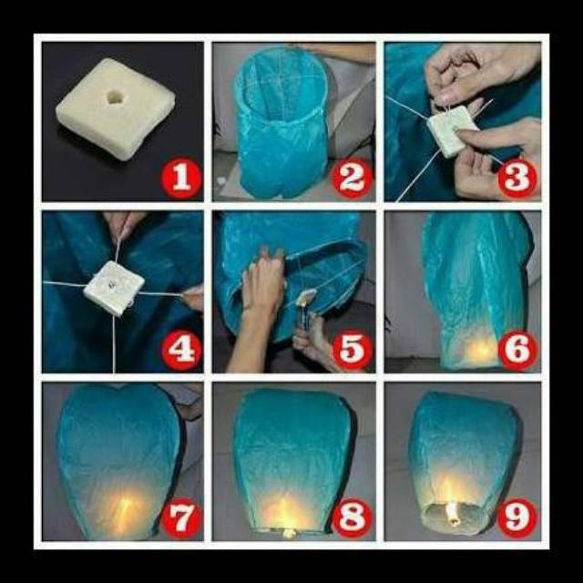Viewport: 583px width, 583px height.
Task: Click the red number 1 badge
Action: (182, 178)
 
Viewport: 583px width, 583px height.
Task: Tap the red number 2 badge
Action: (353, 178)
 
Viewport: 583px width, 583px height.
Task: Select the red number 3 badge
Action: (517, 178)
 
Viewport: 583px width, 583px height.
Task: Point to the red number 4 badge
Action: (182, 349)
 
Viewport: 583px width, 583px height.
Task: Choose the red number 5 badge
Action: (353, 349)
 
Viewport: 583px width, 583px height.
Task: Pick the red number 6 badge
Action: (517, 349)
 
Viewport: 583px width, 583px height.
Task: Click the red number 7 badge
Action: (182, 518)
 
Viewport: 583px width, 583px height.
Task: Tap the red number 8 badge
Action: (353, 518)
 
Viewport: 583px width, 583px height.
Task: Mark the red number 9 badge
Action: (517, 518)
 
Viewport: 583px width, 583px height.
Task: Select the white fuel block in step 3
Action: (451, 130)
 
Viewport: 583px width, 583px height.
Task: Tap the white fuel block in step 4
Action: (114, 288)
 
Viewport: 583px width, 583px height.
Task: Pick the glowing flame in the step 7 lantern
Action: (125, 510)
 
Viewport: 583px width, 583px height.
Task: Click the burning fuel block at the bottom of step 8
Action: (289, 533)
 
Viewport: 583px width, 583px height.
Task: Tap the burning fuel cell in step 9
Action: (453, 514)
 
